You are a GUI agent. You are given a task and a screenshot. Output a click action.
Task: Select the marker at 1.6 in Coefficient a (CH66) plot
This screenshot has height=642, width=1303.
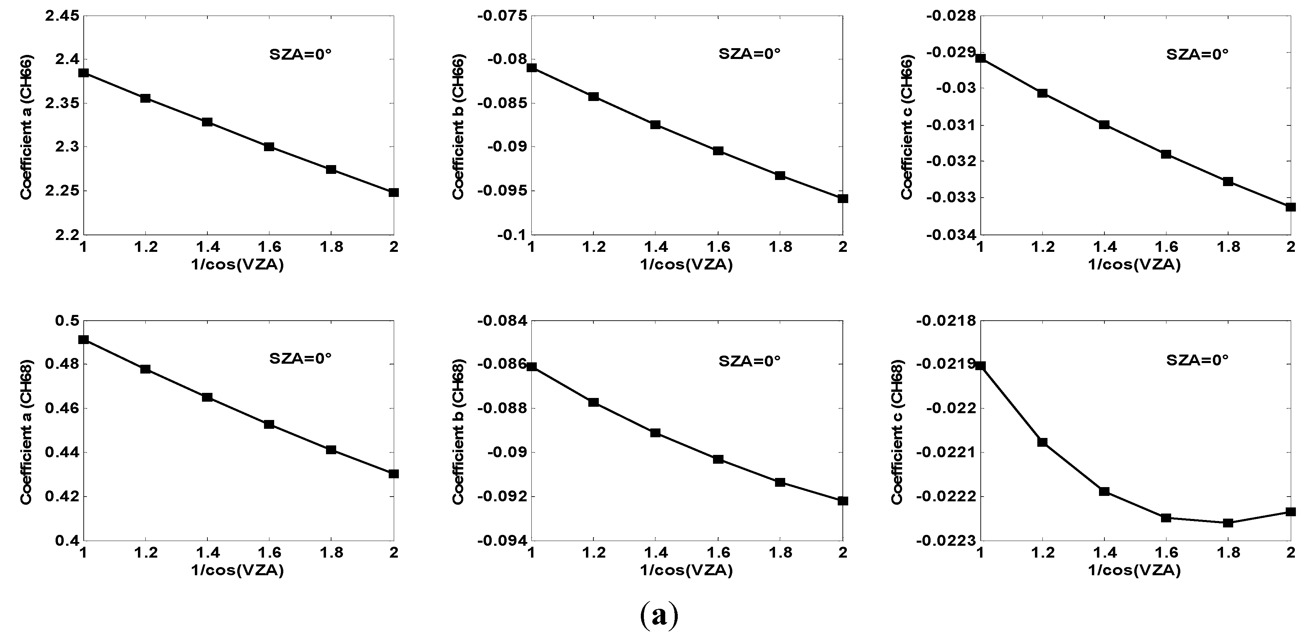tap(269, 147)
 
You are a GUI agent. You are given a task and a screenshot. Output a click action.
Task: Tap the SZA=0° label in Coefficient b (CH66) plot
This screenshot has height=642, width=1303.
tap(749, 54)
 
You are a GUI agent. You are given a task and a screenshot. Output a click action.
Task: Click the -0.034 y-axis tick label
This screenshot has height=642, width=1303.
tap(951, 235)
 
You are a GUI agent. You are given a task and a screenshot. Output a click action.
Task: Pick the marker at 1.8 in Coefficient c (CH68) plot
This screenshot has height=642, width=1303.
tap(1228, 523)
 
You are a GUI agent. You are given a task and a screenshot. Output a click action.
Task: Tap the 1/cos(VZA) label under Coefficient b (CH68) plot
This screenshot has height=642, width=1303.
tap(686, 570)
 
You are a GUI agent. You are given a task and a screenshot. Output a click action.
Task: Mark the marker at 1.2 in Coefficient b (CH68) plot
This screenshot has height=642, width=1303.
tap(594, 402)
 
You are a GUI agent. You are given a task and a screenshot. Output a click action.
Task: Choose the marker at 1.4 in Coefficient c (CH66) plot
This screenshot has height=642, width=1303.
tap(1104, 124)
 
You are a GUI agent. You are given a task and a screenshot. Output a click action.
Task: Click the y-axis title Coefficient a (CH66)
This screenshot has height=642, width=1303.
tap(26, 126)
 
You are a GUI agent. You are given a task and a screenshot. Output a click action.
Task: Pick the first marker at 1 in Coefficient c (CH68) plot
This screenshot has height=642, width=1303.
tap(980, 366)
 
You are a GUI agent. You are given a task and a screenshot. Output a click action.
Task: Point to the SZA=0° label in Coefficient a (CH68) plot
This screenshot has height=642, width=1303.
tap(300, 359)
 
